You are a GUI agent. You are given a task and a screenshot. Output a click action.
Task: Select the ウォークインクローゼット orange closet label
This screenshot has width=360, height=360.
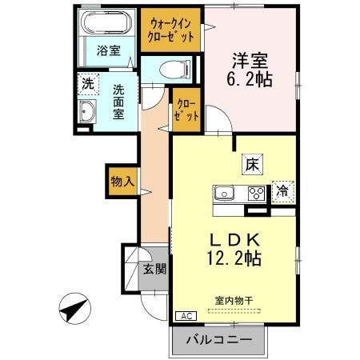coord(170,30)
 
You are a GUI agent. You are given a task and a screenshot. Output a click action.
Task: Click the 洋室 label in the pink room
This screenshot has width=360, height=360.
coord(250,60)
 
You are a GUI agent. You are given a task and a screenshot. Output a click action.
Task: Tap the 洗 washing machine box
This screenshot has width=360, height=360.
coord(86,82)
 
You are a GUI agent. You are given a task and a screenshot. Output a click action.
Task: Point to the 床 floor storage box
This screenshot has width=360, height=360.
coord(250,166)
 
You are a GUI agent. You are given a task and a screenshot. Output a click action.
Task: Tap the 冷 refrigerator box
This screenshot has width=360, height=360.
coord(282,190)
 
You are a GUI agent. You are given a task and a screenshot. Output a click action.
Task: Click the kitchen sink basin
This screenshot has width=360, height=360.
coord(223,192)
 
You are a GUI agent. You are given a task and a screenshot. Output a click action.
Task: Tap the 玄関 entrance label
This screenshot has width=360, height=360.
coord(154,270)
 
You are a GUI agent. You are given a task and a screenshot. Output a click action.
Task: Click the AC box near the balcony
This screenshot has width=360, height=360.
coord(184,317)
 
